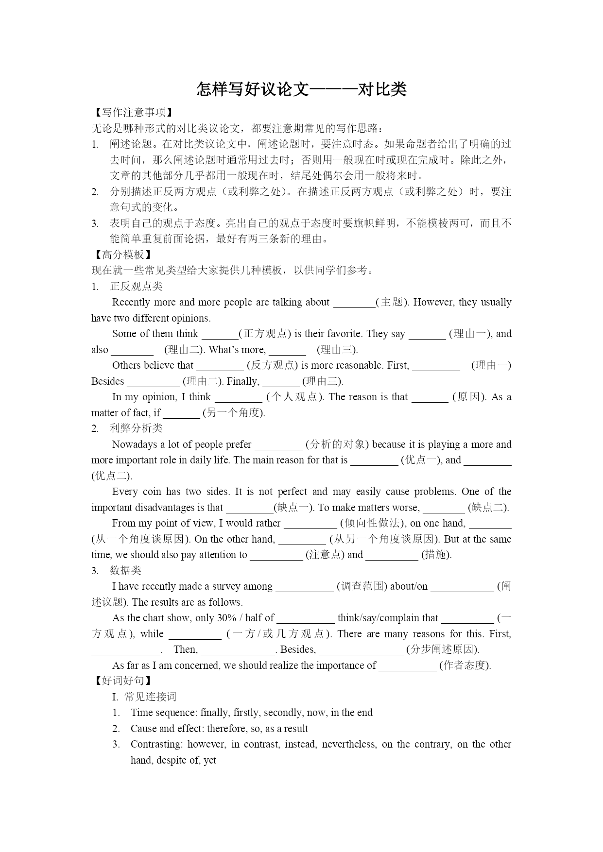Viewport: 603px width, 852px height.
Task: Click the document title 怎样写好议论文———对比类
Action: [301, 89]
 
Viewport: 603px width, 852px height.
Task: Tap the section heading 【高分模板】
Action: [122, 255]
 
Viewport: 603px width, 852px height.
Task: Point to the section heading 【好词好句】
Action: [122, 681]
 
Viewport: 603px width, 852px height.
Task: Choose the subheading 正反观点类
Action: [136, 286]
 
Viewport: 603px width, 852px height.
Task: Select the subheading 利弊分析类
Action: [136, 428]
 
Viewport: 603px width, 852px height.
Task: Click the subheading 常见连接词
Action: [150, 697]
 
